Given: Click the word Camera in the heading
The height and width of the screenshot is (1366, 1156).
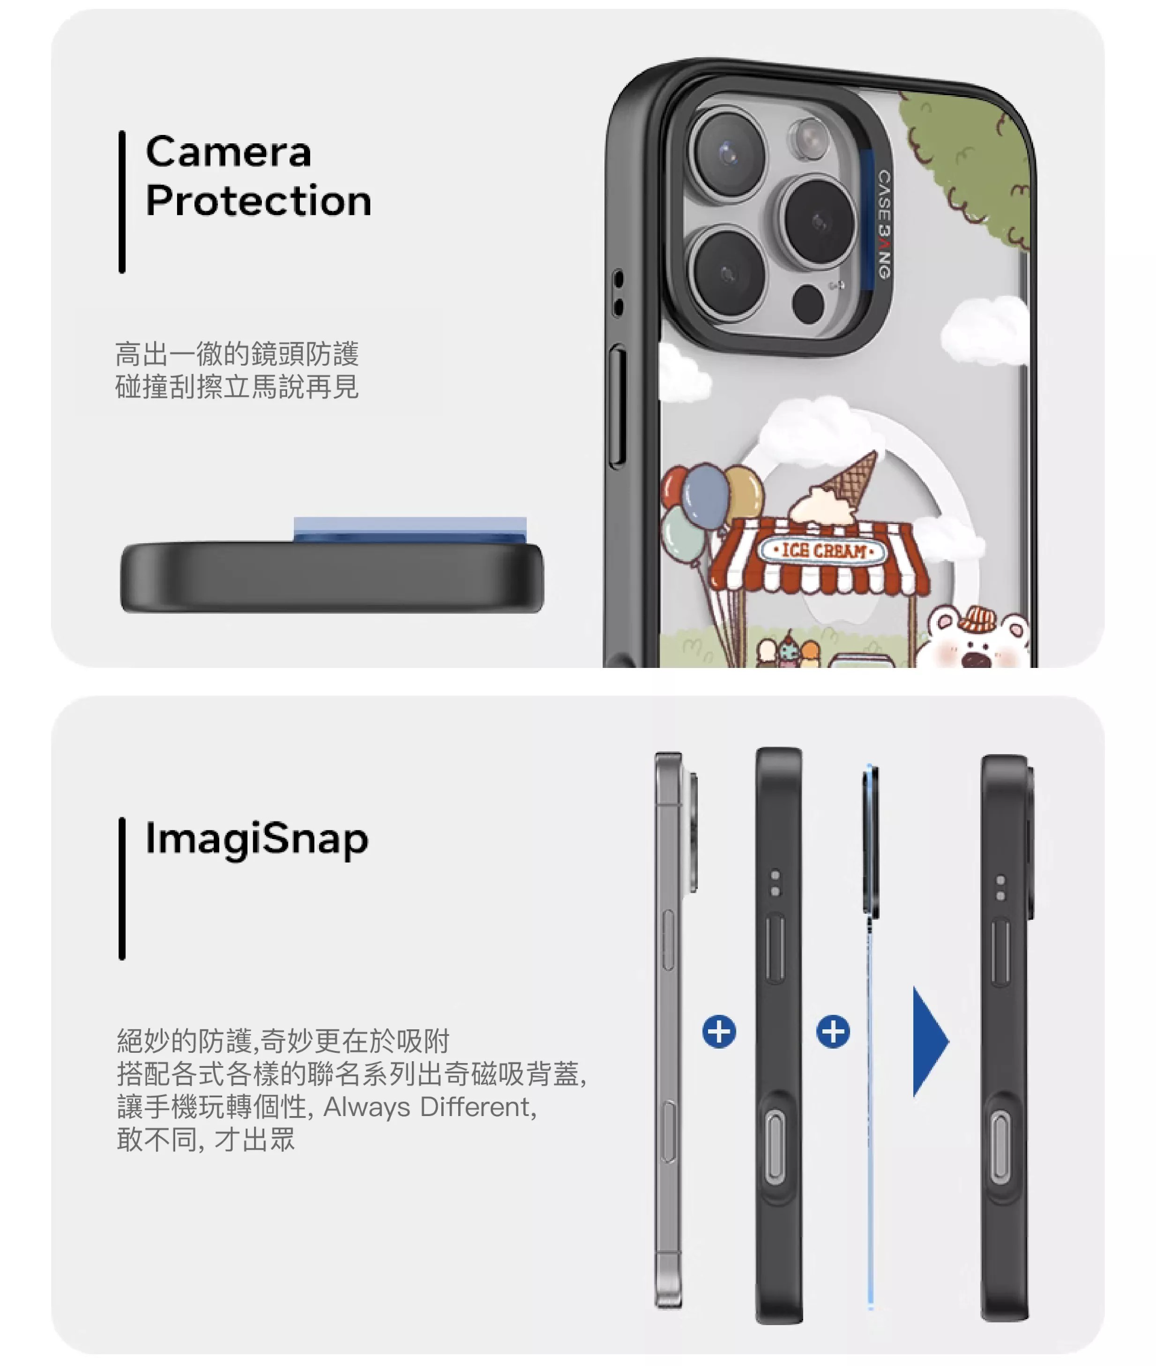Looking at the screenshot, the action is point(228,152).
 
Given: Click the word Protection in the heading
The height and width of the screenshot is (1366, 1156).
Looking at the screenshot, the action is point(258,200).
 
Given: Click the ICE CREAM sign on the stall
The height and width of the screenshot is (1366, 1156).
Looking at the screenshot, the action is point(822,550).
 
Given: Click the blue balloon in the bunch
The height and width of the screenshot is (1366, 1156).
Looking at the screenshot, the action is point(706,496).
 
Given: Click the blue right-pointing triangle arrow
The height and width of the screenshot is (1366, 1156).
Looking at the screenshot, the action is point(929,1041).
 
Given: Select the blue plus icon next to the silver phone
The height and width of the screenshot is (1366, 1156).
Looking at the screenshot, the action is point(719,1032).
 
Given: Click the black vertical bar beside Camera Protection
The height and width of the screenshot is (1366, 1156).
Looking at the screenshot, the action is point(122,202).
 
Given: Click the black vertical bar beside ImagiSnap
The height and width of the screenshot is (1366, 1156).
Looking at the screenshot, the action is point(122,889).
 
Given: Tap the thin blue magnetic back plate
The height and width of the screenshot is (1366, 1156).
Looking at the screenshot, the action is point(870,1037).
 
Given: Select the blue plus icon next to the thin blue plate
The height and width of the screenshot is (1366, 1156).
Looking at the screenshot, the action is point(833,1032).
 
